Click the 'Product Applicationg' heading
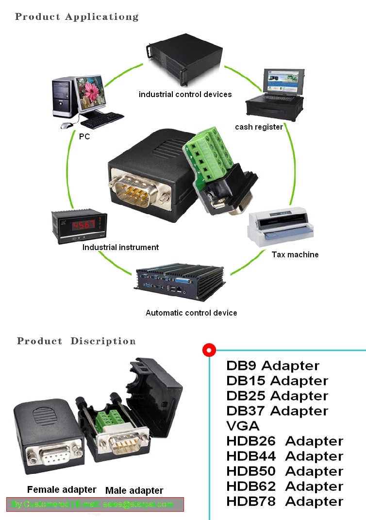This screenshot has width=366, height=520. coord(77,17)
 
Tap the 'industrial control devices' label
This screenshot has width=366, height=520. coord(185,94)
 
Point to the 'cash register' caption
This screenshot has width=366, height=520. coord(259,127)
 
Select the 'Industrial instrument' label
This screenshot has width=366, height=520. coord(120,248)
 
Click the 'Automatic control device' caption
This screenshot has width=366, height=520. coord(191,313)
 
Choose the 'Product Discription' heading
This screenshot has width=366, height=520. coord(76,341)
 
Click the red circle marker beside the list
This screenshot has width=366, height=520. coord(209,350)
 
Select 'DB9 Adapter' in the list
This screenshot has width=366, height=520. coord(273,366)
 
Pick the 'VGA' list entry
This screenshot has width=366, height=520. coord(243,426)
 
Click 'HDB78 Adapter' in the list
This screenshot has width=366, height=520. coord(284,501)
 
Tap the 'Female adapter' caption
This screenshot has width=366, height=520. coord(62,489)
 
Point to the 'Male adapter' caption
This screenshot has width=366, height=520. coord(134,490)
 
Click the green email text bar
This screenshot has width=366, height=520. coord(95,504)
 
